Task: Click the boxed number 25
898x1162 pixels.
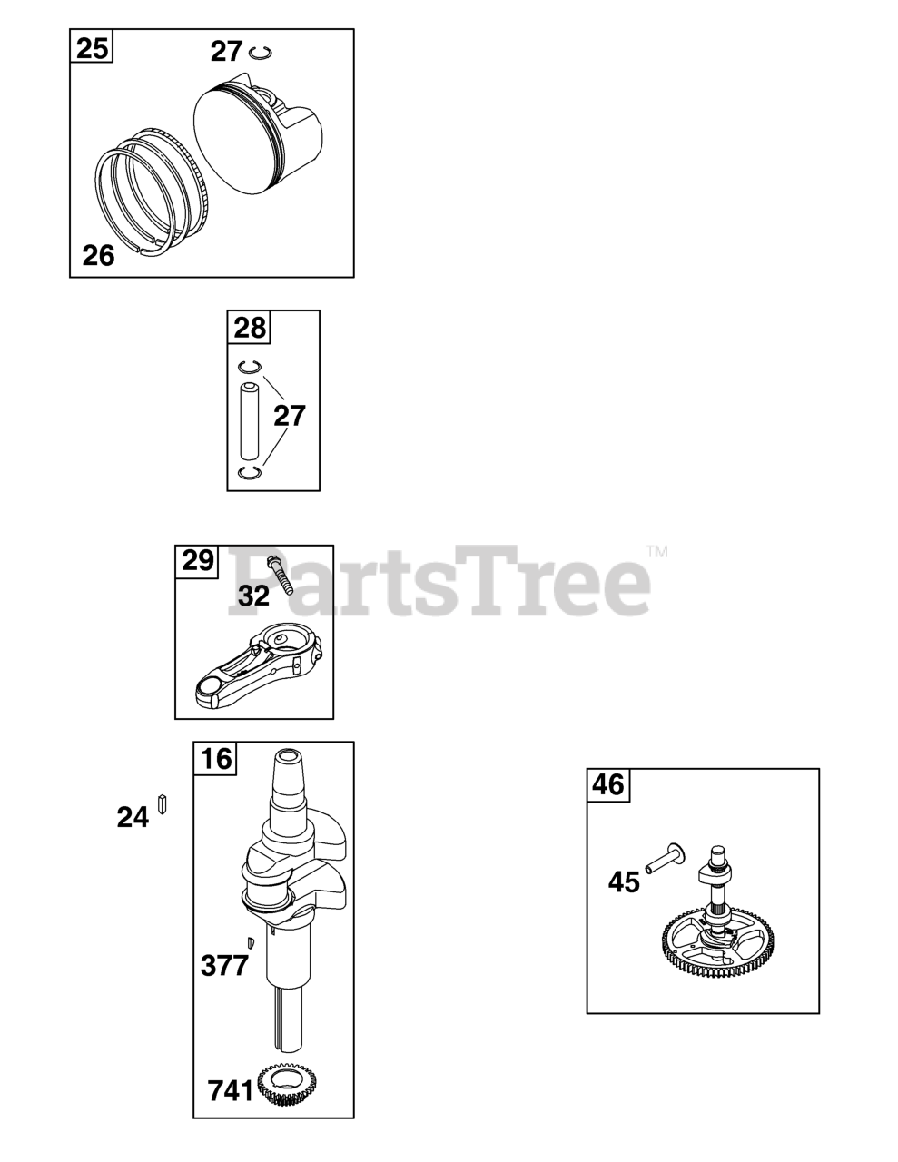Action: coord(92,49)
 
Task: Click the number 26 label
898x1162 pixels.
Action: coord(98,256)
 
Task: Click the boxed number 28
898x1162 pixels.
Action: coord(250,327)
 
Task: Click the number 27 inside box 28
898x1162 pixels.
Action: coord(290,416)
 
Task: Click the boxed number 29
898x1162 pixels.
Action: coord(198,561)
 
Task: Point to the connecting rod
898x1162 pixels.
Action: coord(260,663)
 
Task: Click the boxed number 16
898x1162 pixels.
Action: coord(216,758)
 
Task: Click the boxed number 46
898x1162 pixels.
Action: coord(608,785)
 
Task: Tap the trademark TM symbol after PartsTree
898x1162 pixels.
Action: coord(657,551)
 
